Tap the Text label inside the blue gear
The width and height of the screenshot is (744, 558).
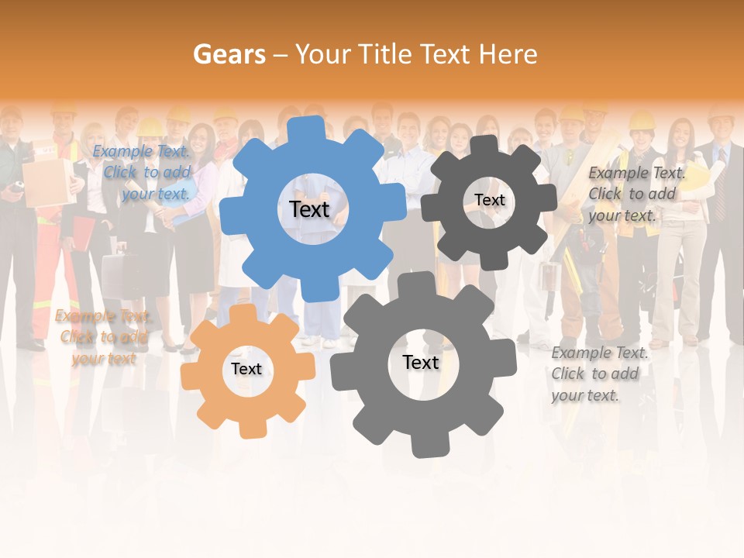coord(309,209)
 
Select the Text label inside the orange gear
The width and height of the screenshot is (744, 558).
coord(246,370)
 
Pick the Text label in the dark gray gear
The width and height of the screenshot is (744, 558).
coord(489,200)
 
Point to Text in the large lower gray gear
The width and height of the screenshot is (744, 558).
coord(421,363)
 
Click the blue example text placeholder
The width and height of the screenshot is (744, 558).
coord(143,173)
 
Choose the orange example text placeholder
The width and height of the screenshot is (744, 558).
coord(103,337)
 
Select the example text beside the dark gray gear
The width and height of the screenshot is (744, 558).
coord(635,194)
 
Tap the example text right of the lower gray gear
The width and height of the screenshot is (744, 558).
coord(598,374)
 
